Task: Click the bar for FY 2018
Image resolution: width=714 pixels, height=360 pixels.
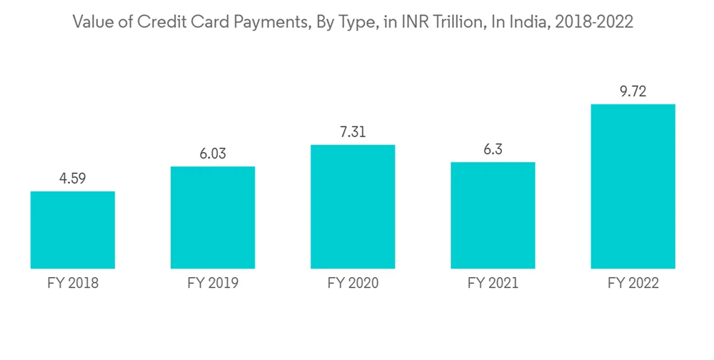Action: pos(72,230)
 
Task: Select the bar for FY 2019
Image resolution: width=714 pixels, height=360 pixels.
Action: pos(213,218)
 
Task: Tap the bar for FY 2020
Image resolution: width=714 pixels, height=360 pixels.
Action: pos(353,206)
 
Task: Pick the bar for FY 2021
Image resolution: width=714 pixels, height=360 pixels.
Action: pos(493,215)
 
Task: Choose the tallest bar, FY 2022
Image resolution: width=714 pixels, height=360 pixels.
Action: pos(633,186)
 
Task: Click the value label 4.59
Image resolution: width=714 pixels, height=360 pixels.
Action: pos(72,179)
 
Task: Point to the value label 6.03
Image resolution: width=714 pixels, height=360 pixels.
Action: pos(213,154)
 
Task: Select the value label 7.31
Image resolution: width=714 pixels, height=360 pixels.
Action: pos(353,132)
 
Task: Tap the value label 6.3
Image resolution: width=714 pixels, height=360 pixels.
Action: pos(493,149)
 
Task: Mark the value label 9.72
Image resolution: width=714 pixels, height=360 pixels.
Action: pos(633,91)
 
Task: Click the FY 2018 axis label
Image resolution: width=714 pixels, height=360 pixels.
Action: pos(72,284)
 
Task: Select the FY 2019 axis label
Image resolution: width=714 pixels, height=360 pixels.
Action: pos(213,284)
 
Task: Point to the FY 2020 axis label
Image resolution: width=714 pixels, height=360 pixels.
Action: pos(353,284)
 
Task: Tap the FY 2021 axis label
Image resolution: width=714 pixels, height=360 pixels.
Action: pos(493,284)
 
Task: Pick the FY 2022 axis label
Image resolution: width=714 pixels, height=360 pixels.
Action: pos(633,284)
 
